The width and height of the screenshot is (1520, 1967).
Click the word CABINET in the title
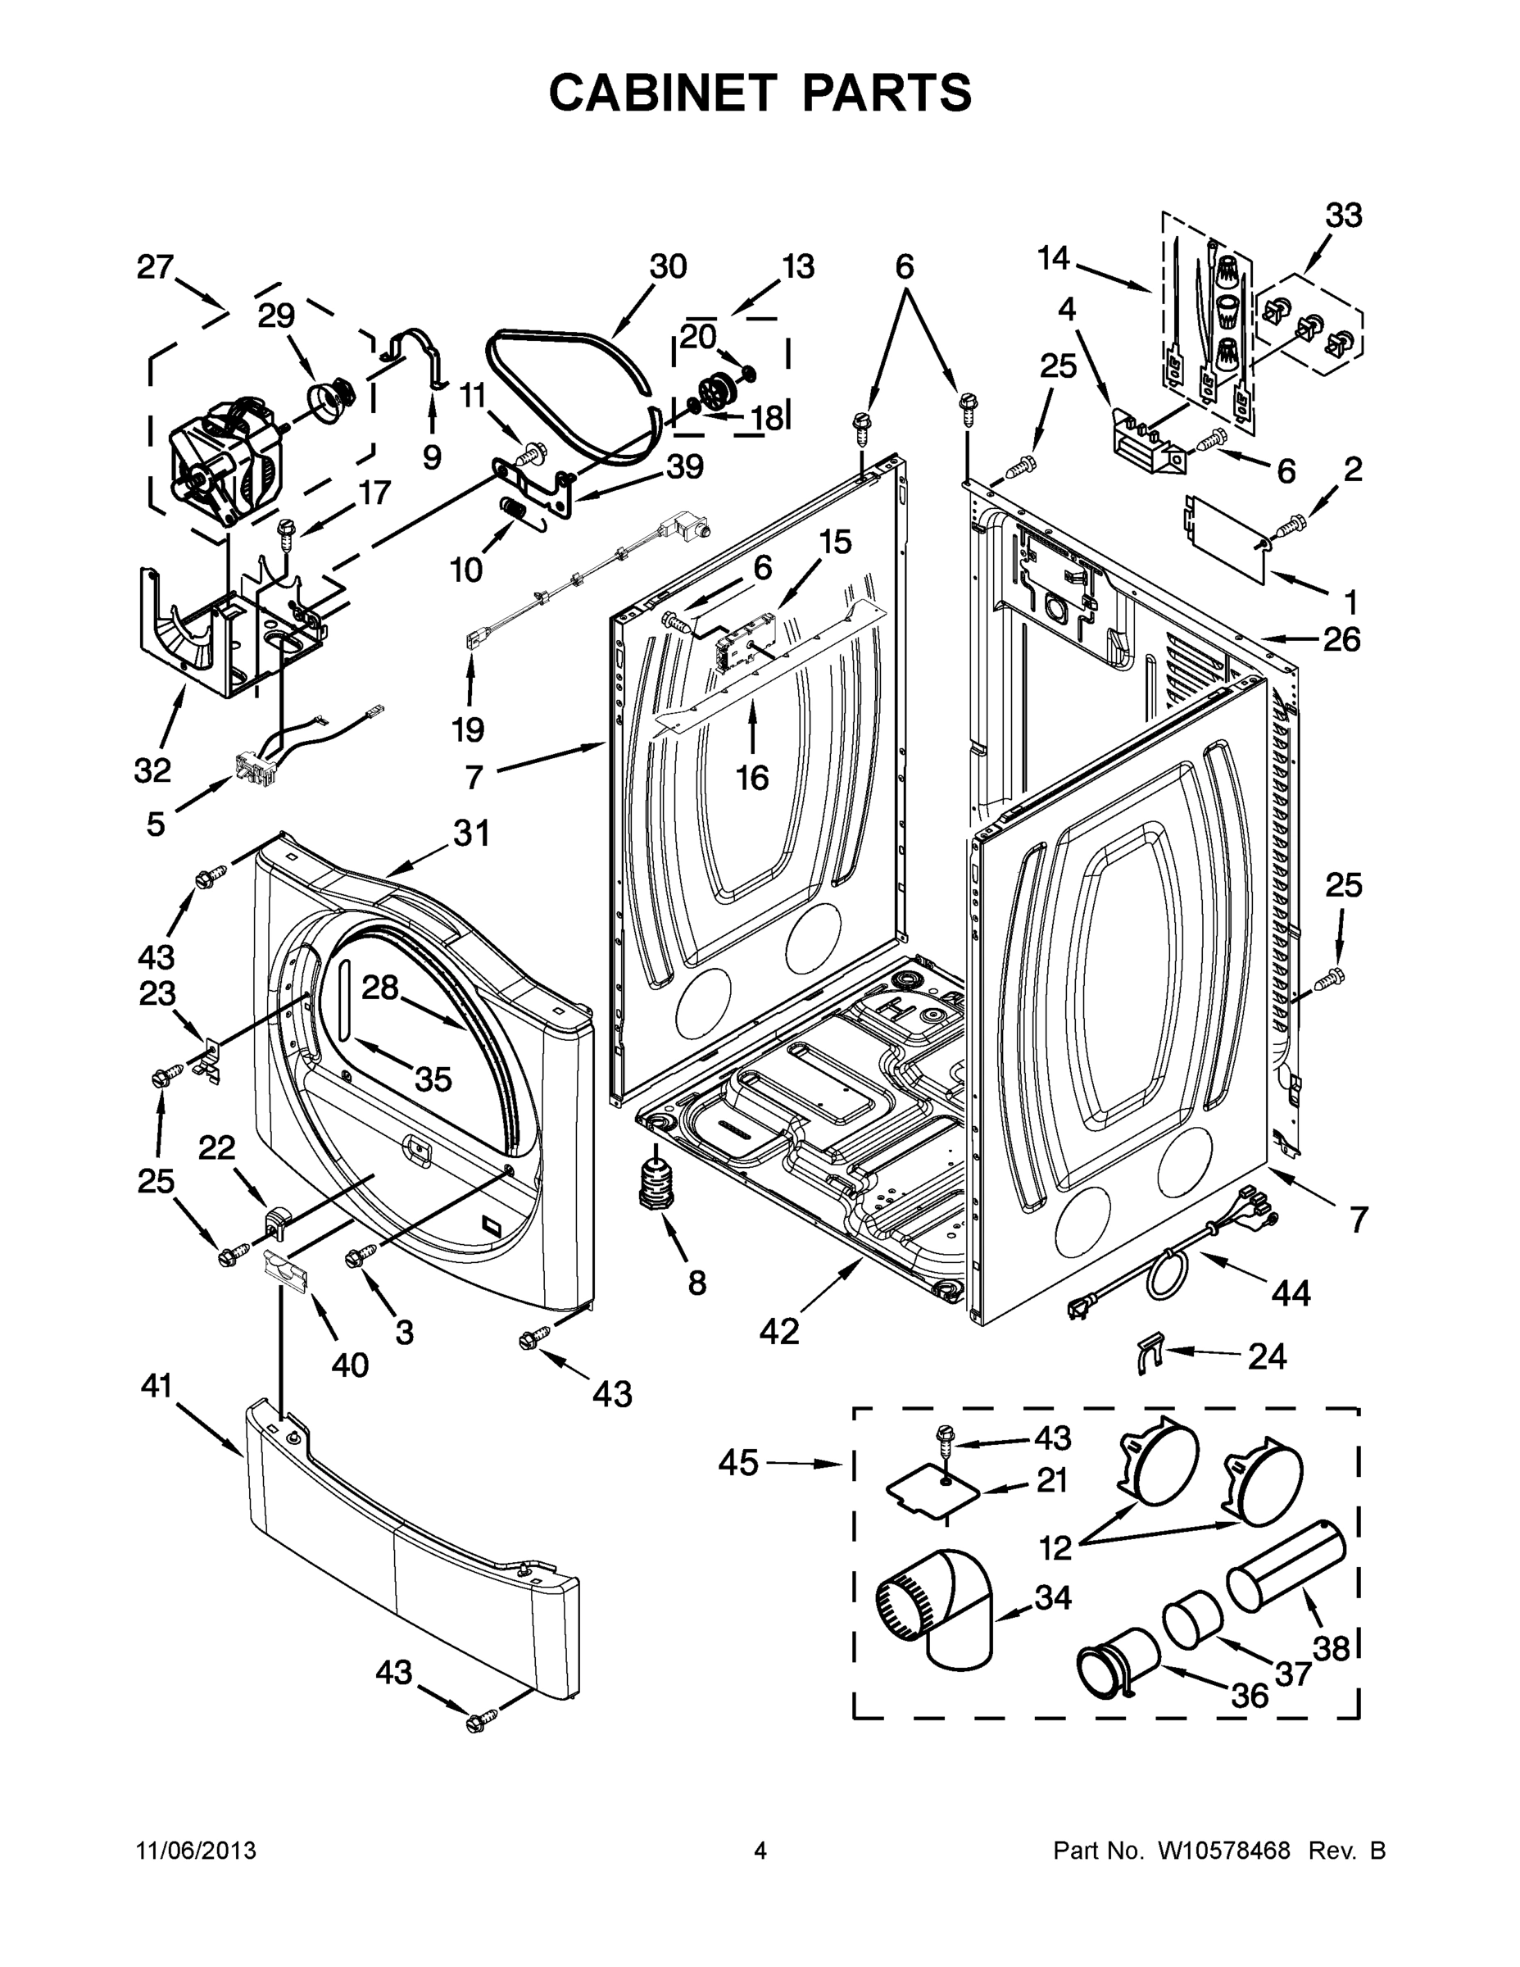point(663,93)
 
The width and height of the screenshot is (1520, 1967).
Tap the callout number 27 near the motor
point(155,267)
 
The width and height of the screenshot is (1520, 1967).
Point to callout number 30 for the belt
point(668,266)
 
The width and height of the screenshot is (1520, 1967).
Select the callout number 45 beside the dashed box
point(738,1465)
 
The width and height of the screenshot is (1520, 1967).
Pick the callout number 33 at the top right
point(1344,216)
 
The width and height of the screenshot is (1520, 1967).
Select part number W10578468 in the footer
point(1223,1851)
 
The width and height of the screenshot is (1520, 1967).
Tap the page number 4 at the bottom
point(760,1851)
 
